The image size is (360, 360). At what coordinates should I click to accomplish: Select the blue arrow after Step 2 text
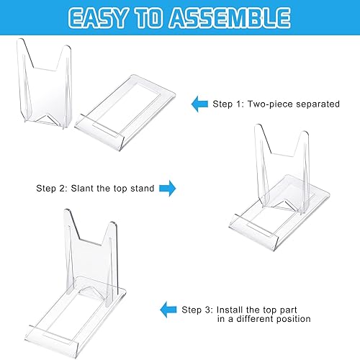(167, 189)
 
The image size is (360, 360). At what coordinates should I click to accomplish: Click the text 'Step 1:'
(230, 104)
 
